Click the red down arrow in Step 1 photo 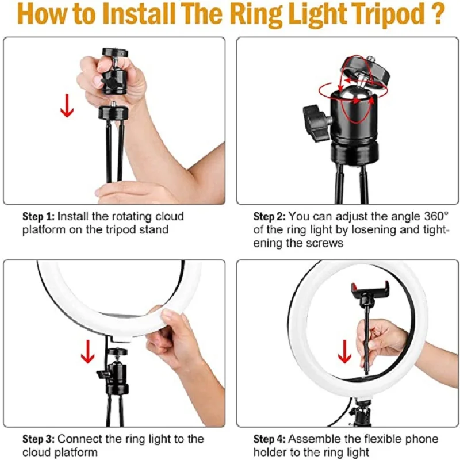tap(67, 105)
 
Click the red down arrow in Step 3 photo tap(87, 351)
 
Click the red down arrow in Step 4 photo tap(344, 351)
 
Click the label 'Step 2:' tap(270, 217)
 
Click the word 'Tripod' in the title tap(379, 16)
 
